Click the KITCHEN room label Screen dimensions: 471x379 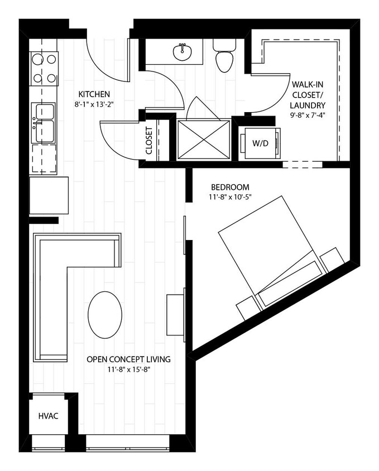pyautogui.click(x=94, y=94)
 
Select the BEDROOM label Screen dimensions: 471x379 pyautogui.click(x=230, y=187)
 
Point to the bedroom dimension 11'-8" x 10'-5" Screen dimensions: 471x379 pyautogui.click(x=230, y=197)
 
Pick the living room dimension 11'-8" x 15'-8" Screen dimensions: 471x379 pyautogui.click(x=128, y=369)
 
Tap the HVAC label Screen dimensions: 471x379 pyautogui.click(x=49, y=416)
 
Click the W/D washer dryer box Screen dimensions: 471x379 pyautogui.click(x=260, y=143)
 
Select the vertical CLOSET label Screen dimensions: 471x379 pyautogui.click(x=149, y=140)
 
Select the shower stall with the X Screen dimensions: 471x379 pyautogui.click(x=203, y=140)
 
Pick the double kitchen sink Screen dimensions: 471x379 pyautogui.click(x=44, y=122)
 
